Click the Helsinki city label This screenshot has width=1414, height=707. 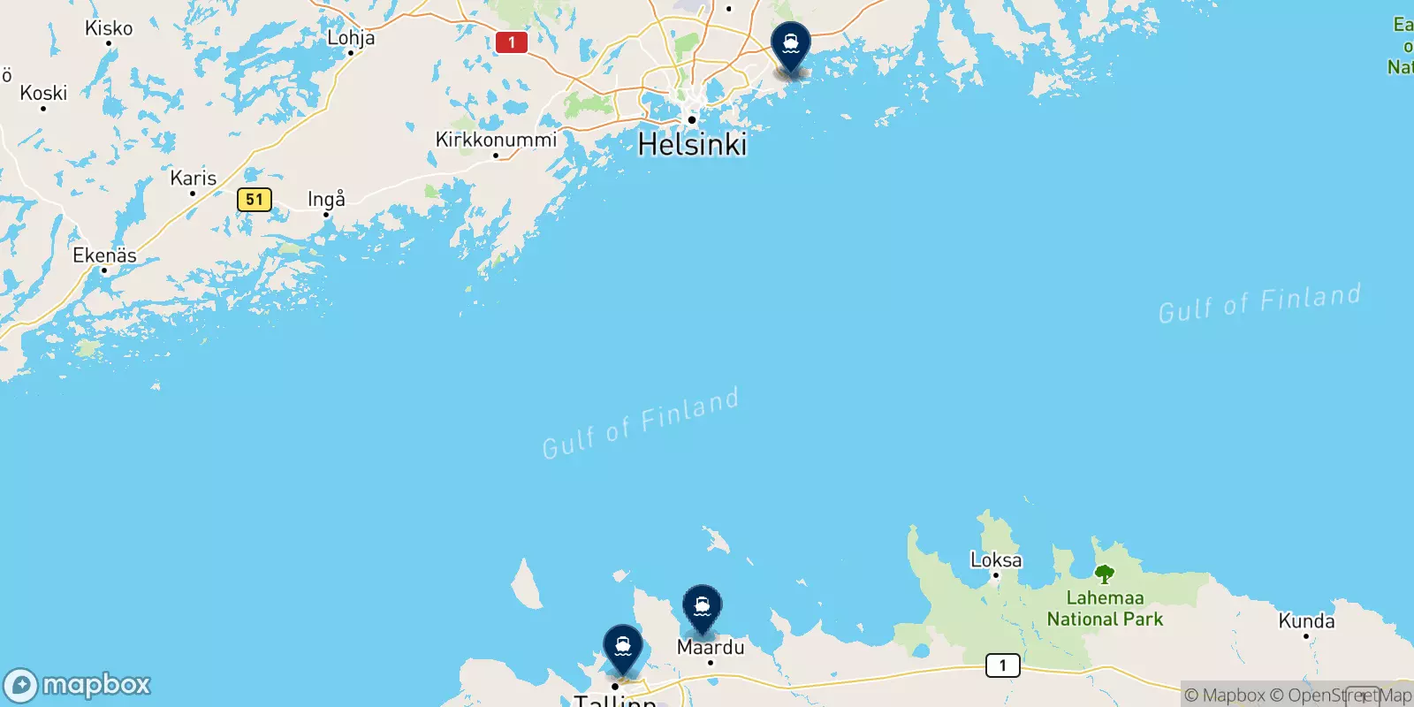[692, 144]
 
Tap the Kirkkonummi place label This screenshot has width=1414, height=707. [496, 140]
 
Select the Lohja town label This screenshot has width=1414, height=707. [351, 37]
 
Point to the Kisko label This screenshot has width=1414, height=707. [109, 28]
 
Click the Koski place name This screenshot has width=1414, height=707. [43, 93]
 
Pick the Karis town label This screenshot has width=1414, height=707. [193, 178]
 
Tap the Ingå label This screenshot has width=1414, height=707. [326, 199]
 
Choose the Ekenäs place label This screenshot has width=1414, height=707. [104, 255]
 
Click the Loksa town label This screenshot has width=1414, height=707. [996, 559]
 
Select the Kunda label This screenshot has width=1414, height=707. [1306, 620]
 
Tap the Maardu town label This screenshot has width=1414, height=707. [711, 647]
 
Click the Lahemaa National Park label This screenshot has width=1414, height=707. [1105, 609]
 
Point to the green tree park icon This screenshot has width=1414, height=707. [1105, 574]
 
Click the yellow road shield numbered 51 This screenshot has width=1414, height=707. [255, 200]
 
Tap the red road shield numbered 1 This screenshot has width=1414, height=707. [512, 42]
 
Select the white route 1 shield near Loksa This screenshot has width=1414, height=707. [1002, 665]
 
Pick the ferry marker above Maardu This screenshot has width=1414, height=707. [702, 608]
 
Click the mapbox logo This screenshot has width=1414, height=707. [78, 685]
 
